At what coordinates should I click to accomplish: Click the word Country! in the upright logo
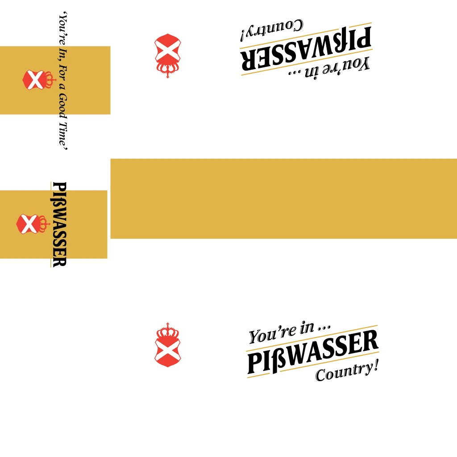[347, 371]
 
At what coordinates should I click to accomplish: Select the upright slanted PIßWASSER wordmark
[313, 352]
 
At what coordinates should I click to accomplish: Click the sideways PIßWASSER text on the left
[59, 224]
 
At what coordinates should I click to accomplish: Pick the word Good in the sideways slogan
[62, 106]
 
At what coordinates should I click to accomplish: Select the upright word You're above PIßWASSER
[273, 334]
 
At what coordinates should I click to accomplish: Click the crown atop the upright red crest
[168, 331]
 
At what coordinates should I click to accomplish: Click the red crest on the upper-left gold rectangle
[39, 79]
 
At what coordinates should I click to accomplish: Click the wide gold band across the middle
[283, 199]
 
